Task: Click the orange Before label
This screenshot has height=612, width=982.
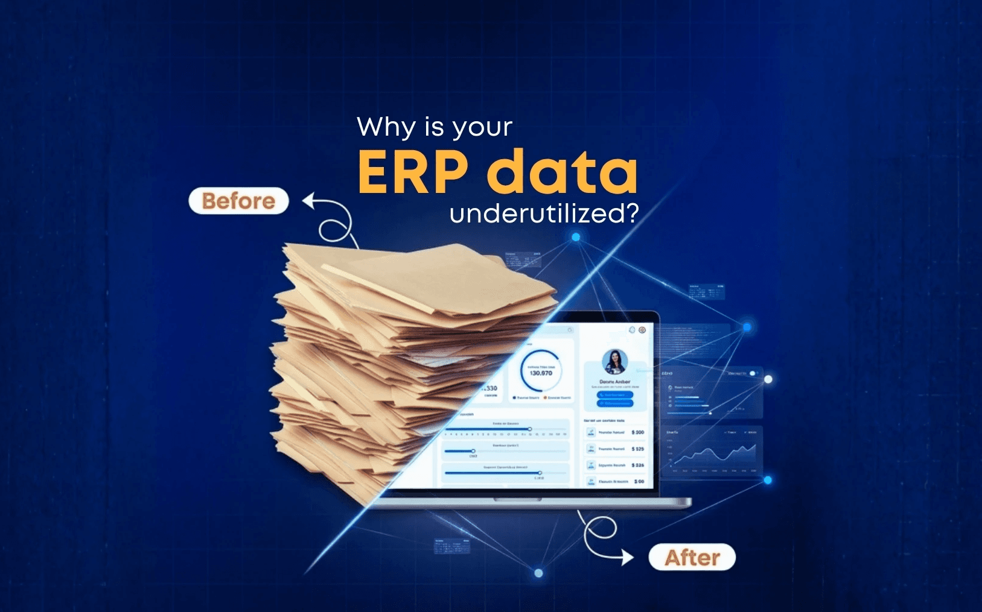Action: pyautogui.click(x=238, y=201)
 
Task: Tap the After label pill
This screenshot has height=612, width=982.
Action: pyautogui.click(x=692, y=557)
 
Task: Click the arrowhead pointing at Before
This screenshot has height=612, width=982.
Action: pyautogui.click(x=308, y=200)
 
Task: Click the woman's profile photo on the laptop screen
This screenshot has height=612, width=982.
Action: pyautogui.click(x=614, y=362)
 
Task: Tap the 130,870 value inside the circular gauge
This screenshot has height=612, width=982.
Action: pyautogui.click(x=541, y=373)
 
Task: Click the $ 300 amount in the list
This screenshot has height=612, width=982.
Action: pyautogui.click(x=638, y=432)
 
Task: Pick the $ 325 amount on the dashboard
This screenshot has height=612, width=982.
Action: pyautogui.click(x=638, y=449)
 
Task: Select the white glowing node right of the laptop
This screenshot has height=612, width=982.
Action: pyautogui.click(x=768, y=379)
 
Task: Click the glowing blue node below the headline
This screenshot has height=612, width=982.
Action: pyautogui.click(x=576, y=237)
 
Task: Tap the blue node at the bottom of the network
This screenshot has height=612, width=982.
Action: pyautogui.click(x=538, y=573)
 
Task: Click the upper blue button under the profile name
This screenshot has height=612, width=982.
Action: pyautogui.click(x=614, y=395)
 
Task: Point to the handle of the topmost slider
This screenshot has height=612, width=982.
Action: pyautogui.click(x=529, y=429)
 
